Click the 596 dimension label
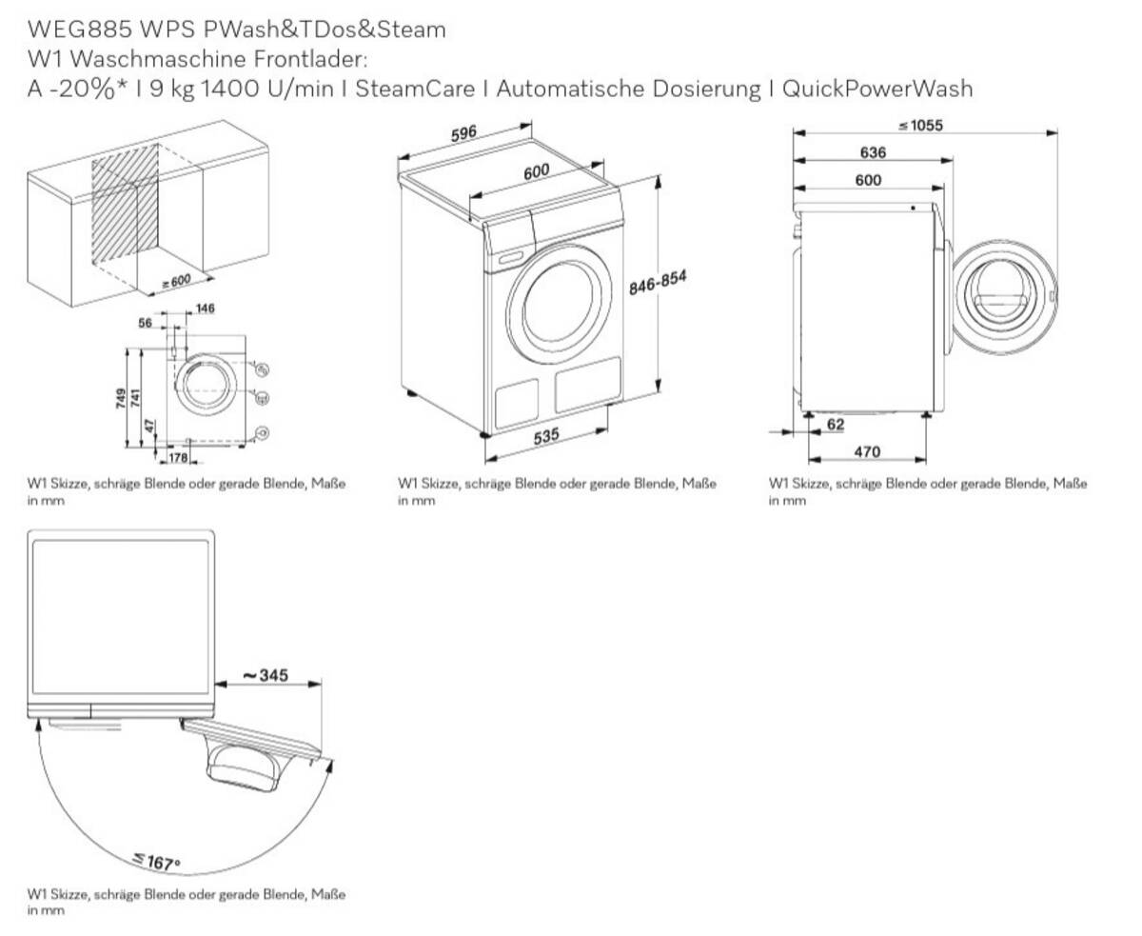coord(463,133)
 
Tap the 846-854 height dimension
coord(658,284)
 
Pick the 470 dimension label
coord(867,451)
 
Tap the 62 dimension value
coord(835,425)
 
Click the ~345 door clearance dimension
coord(265,675)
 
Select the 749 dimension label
coord(121,397)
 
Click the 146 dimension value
coord(205,309)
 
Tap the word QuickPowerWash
coord(877,89)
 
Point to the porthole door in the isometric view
coord(560,303)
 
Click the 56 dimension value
coord(146,323)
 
